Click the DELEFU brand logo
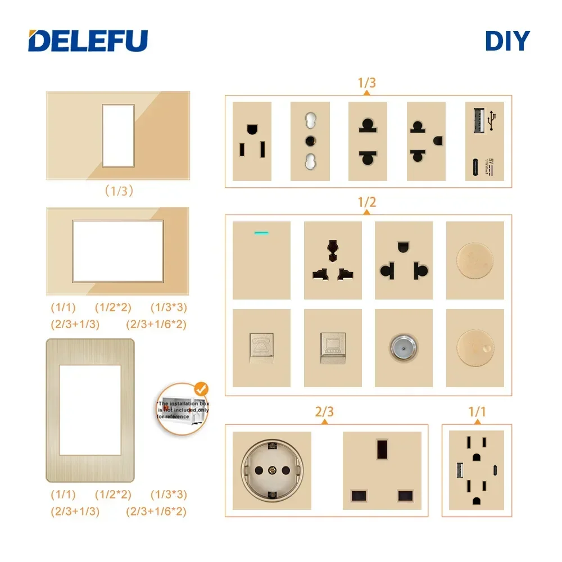88,40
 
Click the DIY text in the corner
507,40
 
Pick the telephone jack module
261,348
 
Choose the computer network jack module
332,348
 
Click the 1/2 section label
366,203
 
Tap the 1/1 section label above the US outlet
477,412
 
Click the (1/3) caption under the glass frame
118,191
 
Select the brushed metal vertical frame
90,410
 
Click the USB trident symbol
493,119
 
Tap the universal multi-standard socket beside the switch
332,260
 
